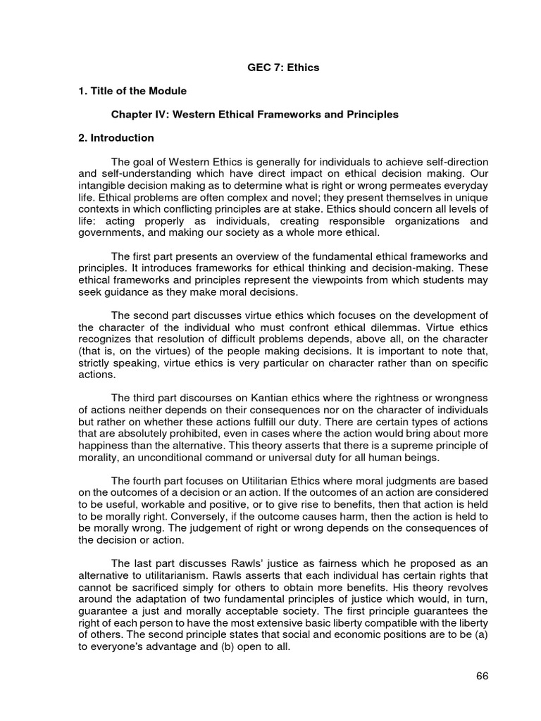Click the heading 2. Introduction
114,137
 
